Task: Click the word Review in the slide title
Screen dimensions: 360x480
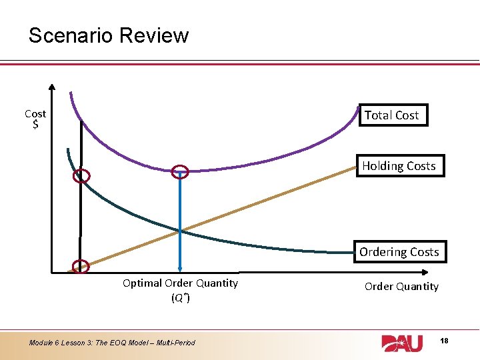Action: (x=158, y=35)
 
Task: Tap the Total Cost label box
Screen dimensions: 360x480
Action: (x=392, y=115)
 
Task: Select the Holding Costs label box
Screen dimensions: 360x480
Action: (x=399, y=166)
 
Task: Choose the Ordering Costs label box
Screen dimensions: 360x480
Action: (x=399, y=252)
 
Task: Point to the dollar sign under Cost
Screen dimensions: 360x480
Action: (x=35, y=125)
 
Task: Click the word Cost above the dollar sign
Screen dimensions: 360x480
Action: (x=35, y=114)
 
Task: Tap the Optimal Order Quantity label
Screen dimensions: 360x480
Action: (x=180, y=283)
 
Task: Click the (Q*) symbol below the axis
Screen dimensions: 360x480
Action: (x=180, y=297)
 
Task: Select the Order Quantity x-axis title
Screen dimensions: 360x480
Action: (x=401, y=287)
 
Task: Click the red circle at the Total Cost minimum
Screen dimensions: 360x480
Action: (x=180, y=172)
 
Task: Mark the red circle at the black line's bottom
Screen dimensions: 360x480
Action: (x=80, y=266)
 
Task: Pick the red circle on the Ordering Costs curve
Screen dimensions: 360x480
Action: (x=81, y=177)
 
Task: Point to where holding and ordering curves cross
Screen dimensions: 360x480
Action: (x=180, y=231)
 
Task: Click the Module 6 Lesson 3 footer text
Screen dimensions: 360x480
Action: (x=112, y=343)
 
